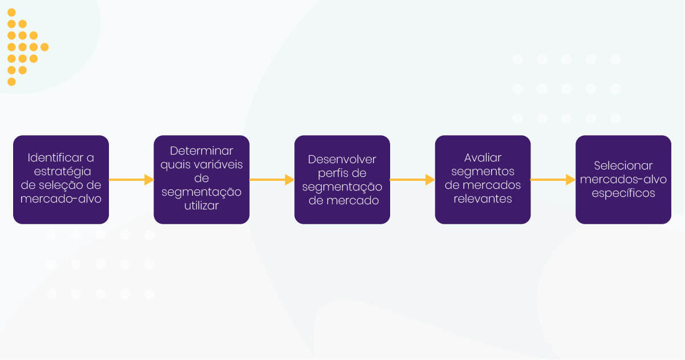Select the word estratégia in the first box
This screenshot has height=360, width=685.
point(61,172)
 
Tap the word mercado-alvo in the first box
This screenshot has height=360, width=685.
point(61,199)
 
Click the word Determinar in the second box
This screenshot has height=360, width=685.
point(201,151)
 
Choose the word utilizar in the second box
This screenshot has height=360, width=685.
point(201,206)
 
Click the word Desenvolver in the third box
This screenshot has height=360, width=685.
point(342,160)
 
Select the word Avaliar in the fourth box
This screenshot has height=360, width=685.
point(483,158)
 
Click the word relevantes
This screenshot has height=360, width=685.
point(483,199)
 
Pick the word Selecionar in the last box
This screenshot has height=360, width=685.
point(623,166)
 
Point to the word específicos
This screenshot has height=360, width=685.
point(623,193)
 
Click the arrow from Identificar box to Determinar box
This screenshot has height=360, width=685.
point(131,180)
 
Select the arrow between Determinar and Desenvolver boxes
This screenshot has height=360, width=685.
point(272,180)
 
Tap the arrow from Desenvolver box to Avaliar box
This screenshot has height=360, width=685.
point(412,180)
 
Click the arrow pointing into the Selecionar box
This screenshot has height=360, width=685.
point(553,180)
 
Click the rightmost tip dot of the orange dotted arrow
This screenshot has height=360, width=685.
point(44,47)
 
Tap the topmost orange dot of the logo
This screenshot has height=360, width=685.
point(11,13)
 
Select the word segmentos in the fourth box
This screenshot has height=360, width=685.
point(483,172)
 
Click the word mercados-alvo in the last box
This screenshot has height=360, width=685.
point(623,180)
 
